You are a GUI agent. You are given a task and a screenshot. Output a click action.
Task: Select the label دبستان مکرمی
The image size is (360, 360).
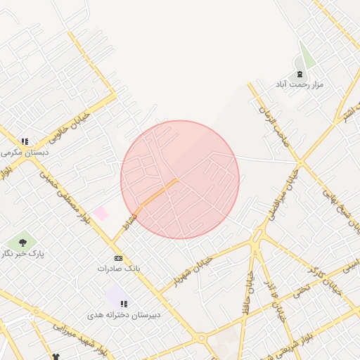tap(25, 152)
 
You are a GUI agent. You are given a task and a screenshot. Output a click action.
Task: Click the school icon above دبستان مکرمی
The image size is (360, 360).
tap(25, 141)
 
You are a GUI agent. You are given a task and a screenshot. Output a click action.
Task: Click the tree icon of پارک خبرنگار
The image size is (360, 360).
tap(23, 243)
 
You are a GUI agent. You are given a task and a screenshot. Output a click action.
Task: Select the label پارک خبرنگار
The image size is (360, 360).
tap(21, 253)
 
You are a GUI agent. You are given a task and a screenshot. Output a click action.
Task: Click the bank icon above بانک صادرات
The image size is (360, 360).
tap(118, 258)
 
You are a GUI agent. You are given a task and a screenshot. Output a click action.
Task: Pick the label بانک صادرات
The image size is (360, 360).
tap(119, 269)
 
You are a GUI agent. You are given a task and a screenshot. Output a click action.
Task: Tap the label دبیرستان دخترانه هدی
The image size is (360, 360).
tap(124, 314)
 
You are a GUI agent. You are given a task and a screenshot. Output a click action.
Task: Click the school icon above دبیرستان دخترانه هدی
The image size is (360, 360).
tap(124, 304)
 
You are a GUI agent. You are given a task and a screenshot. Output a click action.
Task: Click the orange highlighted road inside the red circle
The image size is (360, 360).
tap(157, 192)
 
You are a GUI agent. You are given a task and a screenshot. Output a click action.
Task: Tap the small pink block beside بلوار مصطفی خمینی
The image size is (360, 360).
tap(101, 213)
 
